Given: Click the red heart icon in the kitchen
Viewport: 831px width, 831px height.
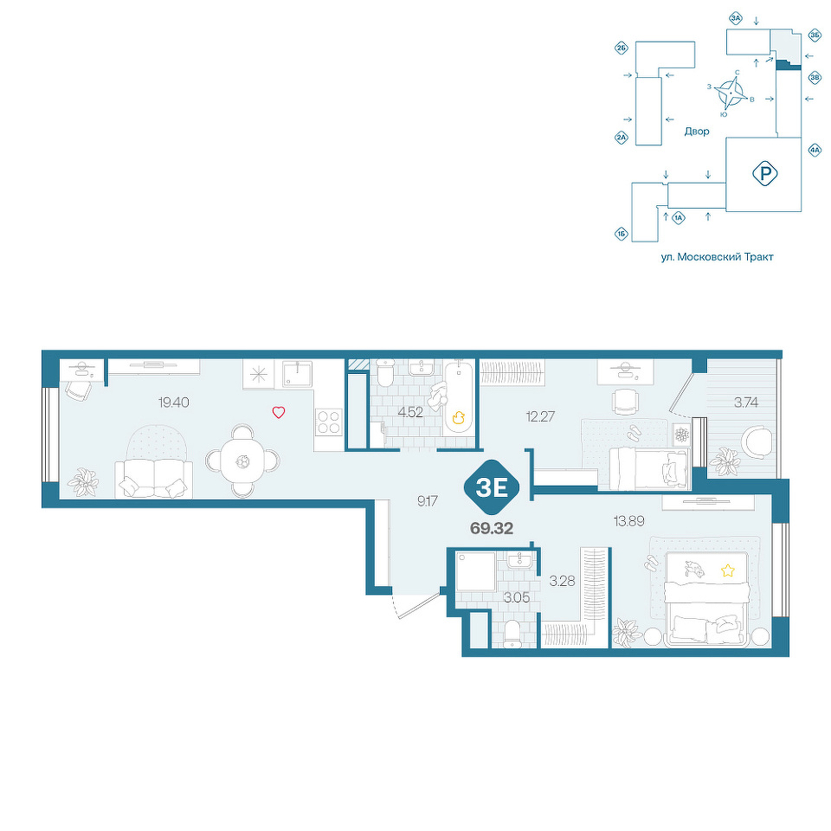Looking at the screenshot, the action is (x=279, y=412).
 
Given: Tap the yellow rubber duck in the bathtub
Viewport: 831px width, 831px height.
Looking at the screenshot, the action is (x=459, y=417).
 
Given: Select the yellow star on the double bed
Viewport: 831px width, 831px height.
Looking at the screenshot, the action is (x=728, y=570).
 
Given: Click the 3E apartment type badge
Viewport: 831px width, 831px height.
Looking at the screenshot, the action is (x=492, y=487).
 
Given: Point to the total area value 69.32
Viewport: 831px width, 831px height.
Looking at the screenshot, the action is (x=492, y=528).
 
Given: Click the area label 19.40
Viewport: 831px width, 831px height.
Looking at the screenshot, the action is (x=174, y=403).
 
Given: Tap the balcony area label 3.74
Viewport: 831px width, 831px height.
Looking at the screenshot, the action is (x=745, y=403).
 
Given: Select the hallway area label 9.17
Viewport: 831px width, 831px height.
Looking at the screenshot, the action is (x=427, y=501).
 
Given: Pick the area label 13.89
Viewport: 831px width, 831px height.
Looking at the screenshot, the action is (x=629, y=521).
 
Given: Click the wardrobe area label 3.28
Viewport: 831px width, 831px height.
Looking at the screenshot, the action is (x=563, y=582).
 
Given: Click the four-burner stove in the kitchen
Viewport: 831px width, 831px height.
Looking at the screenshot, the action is (x=329, y=422).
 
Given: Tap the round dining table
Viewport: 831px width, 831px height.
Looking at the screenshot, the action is (x=242, y=461).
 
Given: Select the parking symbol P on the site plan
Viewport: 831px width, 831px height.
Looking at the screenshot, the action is (x=764, y=173).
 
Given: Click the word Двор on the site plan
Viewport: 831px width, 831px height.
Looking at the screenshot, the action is (x=696, y=131).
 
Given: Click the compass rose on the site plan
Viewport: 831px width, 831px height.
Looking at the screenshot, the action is (x=731, y=93).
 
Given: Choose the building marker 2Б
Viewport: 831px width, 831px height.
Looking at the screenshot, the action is (x=622, y=48).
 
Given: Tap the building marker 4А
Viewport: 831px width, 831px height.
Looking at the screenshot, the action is (x=815, y=150).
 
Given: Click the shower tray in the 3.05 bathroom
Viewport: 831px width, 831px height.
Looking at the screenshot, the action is (x=475, y=571).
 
